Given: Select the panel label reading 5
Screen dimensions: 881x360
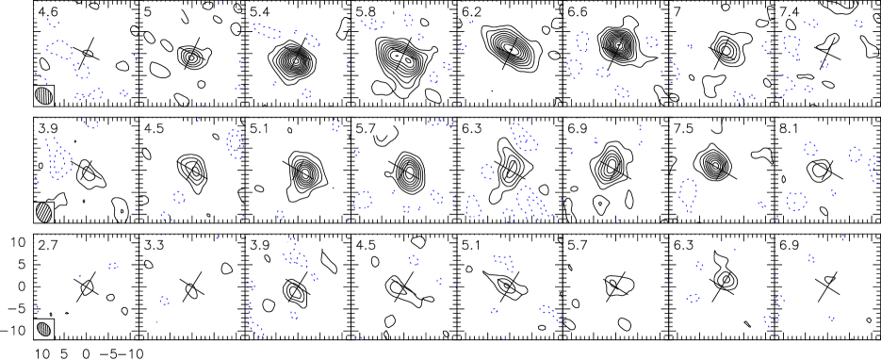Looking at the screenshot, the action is point(148,12).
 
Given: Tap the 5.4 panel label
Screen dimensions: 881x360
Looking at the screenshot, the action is point(258,12).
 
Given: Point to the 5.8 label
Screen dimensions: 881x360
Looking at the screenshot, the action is point(365,12).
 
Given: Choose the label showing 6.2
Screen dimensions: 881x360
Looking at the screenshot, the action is point(471,12).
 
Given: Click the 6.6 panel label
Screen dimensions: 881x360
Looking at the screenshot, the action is point(577,12).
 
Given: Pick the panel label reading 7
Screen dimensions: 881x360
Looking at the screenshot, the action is point(677,12).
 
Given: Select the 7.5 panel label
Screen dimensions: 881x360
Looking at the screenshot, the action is point(683,128).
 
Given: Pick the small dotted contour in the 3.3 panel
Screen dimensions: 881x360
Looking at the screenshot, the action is point(165,301).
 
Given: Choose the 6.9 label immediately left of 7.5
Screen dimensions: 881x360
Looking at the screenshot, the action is point(577,128).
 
